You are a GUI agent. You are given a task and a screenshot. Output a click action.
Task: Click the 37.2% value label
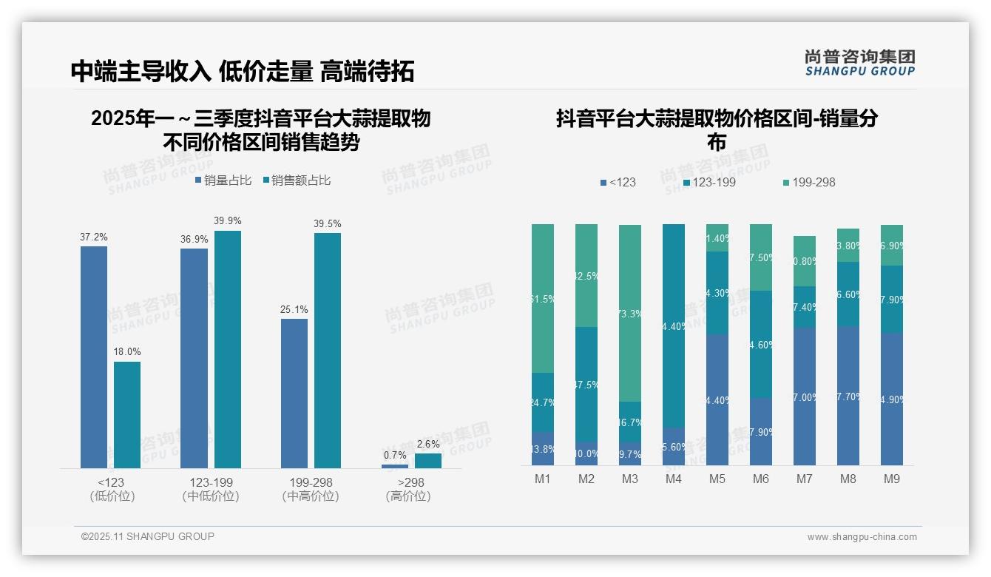[x=94, y=237]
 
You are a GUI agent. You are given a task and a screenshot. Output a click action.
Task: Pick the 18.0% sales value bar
[x=127, y=414]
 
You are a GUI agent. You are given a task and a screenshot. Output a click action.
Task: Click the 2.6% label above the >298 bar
[x=427, y=444]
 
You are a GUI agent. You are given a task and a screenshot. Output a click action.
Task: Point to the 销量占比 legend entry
[x=223, y=180]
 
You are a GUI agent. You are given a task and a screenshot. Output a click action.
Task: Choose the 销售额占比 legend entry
[x=297, y=180]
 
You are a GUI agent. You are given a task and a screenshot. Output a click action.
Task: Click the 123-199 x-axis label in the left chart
[x=211, y=482]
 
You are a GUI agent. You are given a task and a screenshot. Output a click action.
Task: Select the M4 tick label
[x=673, y=479]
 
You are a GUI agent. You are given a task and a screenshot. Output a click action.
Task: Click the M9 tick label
[x=892, y=479]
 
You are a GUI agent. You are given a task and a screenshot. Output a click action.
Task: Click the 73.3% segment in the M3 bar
[x=630, y=313]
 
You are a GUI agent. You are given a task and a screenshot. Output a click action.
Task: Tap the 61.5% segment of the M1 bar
[x=543, y=298]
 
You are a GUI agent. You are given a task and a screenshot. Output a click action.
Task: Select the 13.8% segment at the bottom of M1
[x=543, y=448]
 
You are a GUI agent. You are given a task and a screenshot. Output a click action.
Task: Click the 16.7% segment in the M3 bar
[x=630, y=422]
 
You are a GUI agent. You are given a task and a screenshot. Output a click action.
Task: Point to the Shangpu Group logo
[x=860, y=62]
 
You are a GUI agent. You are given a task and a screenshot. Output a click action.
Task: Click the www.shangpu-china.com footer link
[x=862, y=537]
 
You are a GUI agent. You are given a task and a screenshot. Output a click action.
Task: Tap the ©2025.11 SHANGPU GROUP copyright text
[x=148, y=536]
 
